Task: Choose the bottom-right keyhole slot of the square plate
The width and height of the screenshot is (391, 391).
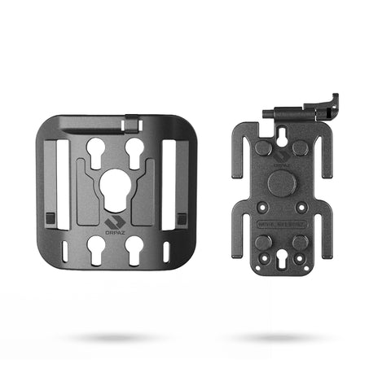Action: click(x=134, y=253)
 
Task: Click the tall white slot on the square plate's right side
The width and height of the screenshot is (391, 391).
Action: click(x=170, y=179)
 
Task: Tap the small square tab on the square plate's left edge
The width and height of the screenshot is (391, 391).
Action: click(x=50, y=218)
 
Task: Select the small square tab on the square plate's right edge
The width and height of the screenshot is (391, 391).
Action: click(x=181, y=218)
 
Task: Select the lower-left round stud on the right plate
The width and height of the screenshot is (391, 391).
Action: click(x=263, y=243)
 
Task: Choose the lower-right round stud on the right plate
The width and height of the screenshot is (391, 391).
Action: click(x=300, y=243)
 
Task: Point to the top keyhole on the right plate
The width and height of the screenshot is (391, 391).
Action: click(x=281, y=136)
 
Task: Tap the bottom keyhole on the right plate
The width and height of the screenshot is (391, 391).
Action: click(x=281, y=261)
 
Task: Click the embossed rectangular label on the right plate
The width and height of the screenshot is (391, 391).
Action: click(x=282, y=222)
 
